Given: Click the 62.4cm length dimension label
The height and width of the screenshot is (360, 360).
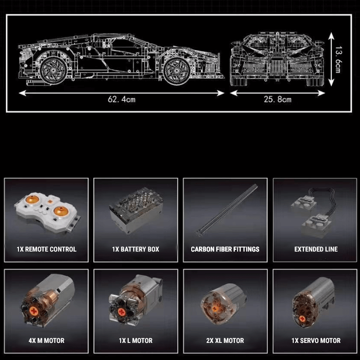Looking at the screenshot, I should (x=121, y=99).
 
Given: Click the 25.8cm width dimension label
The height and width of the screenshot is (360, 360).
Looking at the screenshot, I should (x=277, y=99).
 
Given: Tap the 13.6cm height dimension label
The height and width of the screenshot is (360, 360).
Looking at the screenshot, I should (x=337, y=58).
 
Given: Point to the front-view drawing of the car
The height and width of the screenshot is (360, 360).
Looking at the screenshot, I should (x=277, y=61).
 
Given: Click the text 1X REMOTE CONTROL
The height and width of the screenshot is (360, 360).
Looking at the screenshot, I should (x=46, y=249).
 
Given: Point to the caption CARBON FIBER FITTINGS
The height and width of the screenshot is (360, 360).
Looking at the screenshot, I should (x=225, y=249).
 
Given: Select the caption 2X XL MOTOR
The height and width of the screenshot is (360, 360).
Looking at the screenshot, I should (x=225, y=341).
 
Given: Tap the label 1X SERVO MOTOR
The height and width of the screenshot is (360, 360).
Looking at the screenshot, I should (x=316, y=341).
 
